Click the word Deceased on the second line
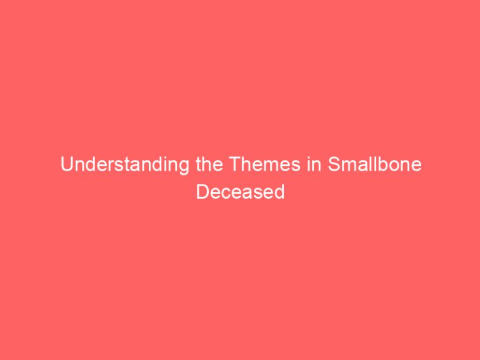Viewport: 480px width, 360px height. [240, 192]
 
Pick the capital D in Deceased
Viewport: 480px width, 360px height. [202, 192]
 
